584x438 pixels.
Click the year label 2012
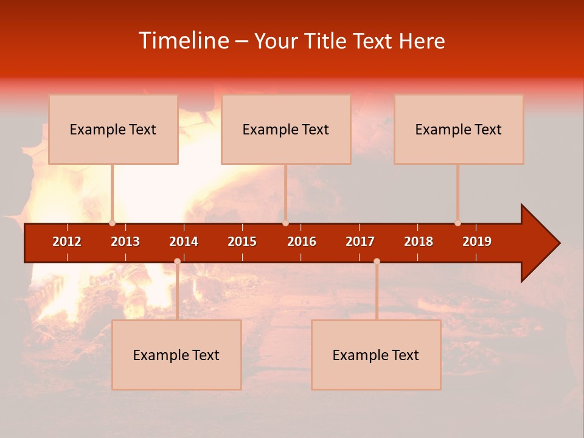[x=67, y=242]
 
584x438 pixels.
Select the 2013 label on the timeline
[x=125, y=242]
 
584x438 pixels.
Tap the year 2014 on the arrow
[x=184, y=242]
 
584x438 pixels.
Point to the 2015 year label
[x=242, y=242]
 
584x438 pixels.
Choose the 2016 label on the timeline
[x=302, y=242]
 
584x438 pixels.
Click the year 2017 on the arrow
[x=360, y=242]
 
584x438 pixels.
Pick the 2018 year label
[x=419, y=242]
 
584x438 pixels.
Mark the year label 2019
[x=477, y=242]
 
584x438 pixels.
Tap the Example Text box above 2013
[x=113, y=129]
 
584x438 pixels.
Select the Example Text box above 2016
[x=286, y=129]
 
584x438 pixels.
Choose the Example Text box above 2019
[x=459, y=129]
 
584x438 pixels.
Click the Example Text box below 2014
[x=176, y=355]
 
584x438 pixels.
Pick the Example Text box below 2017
[x=376, y=355]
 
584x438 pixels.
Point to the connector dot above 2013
[x=112, y=223]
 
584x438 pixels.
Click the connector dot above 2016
[x=285, y=223]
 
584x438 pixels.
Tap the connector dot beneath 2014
[x=177, y=261]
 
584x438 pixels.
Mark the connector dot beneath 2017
[x=377, y=261]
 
